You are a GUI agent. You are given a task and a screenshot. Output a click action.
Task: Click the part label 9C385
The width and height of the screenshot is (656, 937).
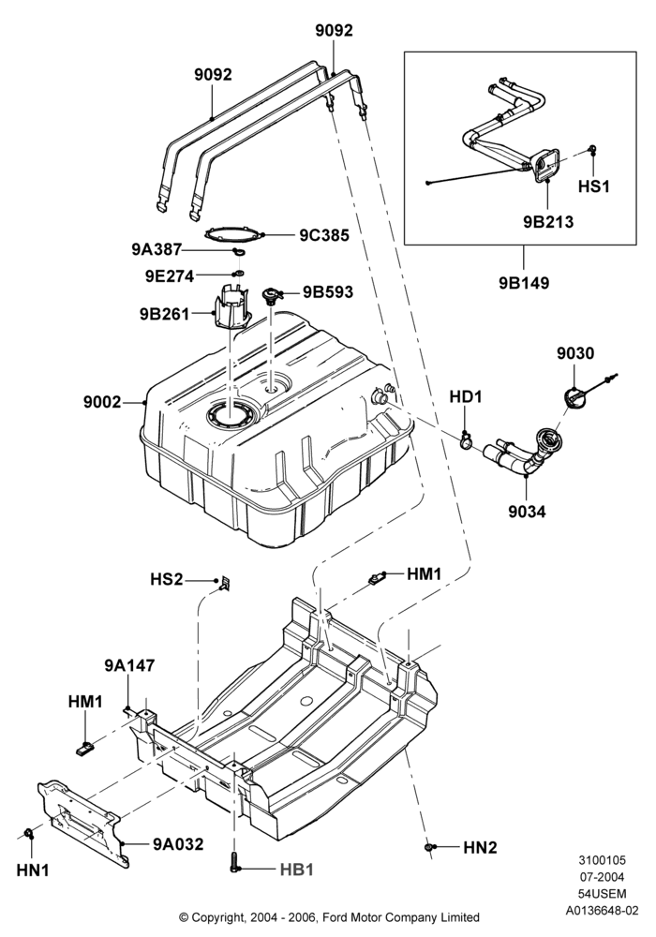click(x=324, y=235)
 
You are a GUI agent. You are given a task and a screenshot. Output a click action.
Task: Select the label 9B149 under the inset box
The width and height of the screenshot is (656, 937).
click(x=524, y=283)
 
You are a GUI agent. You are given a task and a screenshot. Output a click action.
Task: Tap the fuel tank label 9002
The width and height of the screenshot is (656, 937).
click(x=102, y=403)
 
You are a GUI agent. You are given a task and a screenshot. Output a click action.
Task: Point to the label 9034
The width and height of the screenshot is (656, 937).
click(x=527, y=512)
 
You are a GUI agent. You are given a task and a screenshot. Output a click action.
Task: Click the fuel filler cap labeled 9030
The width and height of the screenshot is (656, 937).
click(x=574, y=398)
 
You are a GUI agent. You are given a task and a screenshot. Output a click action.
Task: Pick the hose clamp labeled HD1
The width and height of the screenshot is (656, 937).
click(x=466, y=441)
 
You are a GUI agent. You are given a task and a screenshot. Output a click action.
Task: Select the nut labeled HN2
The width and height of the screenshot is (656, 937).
click(x=429, y=847)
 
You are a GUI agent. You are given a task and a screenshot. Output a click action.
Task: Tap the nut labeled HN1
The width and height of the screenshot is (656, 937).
click(x=28, y=833)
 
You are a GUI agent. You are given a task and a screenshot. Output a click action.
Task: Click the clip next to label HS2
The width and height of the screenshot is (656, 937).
click(x=225, y=582)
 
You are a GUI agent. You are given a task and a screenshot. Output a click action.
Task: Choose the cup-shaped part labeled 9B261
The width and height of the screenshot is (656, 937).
click(x=231, y=307)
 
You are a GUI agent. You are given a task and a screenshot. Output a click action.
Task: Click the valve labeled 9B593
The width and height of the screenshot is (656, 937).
click(x=273, y=295)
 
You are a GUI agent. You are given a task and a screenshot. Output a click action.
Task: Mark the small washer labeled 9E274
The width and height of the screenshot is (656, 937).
click(x=236, y=274)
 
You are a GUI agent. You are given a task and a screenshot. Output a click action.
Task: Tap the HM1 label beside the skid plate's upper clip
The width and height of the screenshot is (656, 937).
click(x=425, y=574)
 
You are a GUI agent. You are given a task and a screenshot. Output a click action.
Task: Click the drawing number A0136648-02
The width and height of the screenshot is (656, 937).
click(x=603, y=911)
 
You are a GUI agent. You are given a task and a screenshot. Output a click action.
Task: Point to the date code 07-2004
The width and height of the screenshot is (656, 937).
click(x=603, y=877)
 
